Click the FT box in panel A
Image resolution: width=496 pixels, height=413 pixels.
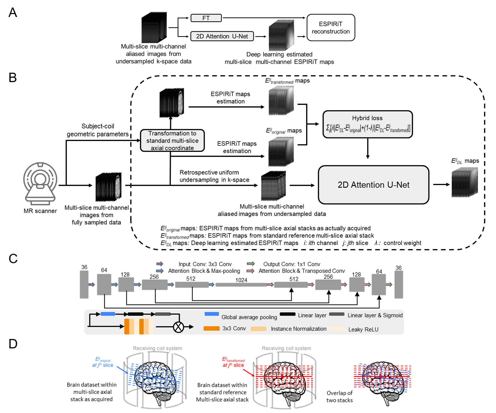[206, 18]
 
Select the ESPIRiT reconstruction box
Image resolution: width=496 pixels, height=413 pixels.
[331, 28]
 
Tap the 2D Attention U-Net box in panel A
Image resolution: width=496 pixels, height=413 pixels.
[222, 36]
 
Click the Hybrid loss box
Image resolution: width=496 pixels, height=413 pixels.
[367, 124]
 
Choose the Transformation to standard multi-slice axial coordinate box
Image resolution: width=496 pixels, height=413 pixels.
[172, 141]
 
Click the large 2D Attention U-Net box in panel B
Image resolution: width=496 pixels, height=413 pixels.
[373, 185]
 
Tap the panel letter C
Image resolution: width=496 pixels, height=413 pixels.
[13, 259]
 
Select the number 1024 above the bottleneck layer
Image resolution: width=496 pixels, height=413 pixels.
[241, 280]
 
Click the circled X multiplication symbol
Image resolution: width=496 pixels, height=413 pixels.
[178, 327]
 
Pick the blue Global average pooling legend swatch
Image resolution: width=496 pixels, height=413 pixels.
[212, 314]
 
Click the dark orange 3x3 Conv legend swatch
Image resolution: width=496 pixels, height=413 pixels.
[211, 329]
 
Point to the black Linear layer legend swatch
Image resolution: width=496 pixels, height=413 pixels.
[287, 314]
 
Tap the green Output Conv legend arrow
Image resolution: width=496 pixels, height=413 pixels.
[251, 264]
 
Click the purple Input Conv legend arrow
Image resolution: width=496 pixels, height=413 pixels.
[160, 264]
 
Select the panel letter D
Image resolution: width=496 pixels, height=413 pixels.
[13, 344]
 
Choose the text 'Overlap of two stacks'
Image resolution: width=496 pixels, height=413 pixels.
[339, 397]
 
